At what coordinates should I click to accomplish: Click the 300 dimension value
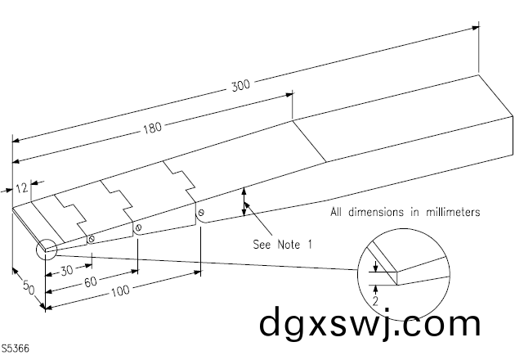click(x=241, y=84)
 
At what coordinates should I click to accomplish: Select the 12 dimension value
click(x=22, y=187)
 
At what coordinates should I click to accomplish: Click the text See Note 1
click(x=283, y=244)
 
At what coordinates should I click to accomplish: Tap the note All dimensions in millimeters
click(x=405, y=212)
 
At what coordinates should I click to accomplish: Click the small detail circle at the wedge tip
click(x=45, y=248)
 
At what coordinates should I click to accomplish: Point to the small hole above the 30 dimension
click(x=92, y=240)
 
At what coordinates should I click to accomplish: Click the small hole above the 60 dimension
click(x=140, y=227)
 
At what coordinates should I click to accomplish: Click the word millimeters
click(x=450, y=212)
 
